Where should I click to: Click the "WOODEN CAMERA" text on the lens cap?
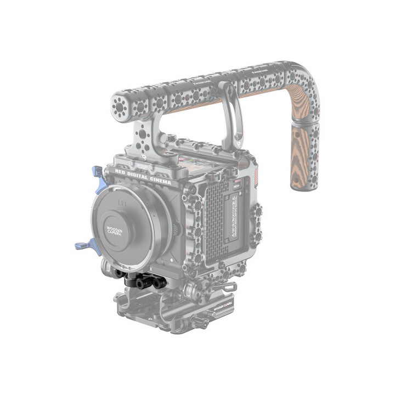pos(115,229)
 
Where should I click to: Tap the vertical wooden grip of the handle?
pos(303,159)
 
